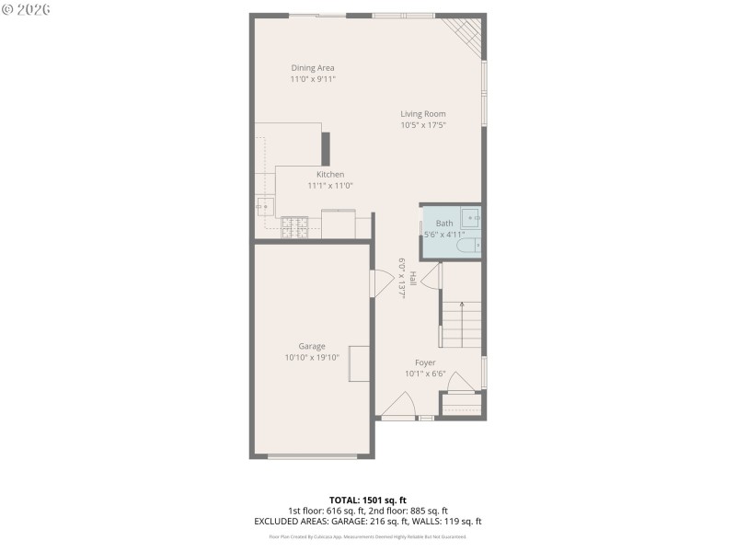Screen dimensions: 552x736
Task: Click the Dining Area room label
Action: pyautogui.click(x=313, y=68)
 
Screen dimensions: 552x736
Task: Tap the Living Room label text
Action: pyautogui.click(x=422, y=114)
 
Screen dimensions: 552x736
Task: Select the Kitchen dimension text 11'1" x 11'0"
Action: pyautogui.click(x=330, y=186)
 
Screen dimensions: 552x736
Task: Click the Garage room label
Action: pyautogui.click(x=312, y=346)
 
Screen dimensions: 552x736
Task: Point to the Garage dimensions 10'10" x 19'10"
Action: pyautogui.click(x=312, y=357)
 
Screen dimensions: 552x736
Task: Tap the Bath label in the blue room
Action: pyautogui.click(x=444, y=224)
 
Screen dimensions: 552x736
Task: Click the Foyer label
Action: pyautogui.click(x=425, y=362)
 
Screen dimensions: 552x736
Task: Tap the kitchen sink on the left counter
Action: pyautogui.click(x=264, y=206)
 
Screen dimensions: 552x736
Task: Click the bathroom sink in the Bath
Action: pyautogui.click(x=471, y=219)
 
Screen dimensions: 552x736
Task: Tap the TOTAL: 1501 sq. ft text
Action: pyautogui.click(x=368, y=500)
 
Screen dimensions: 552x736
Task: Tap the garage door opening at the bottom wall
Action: pyautogui.click(x=312, y=456)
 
